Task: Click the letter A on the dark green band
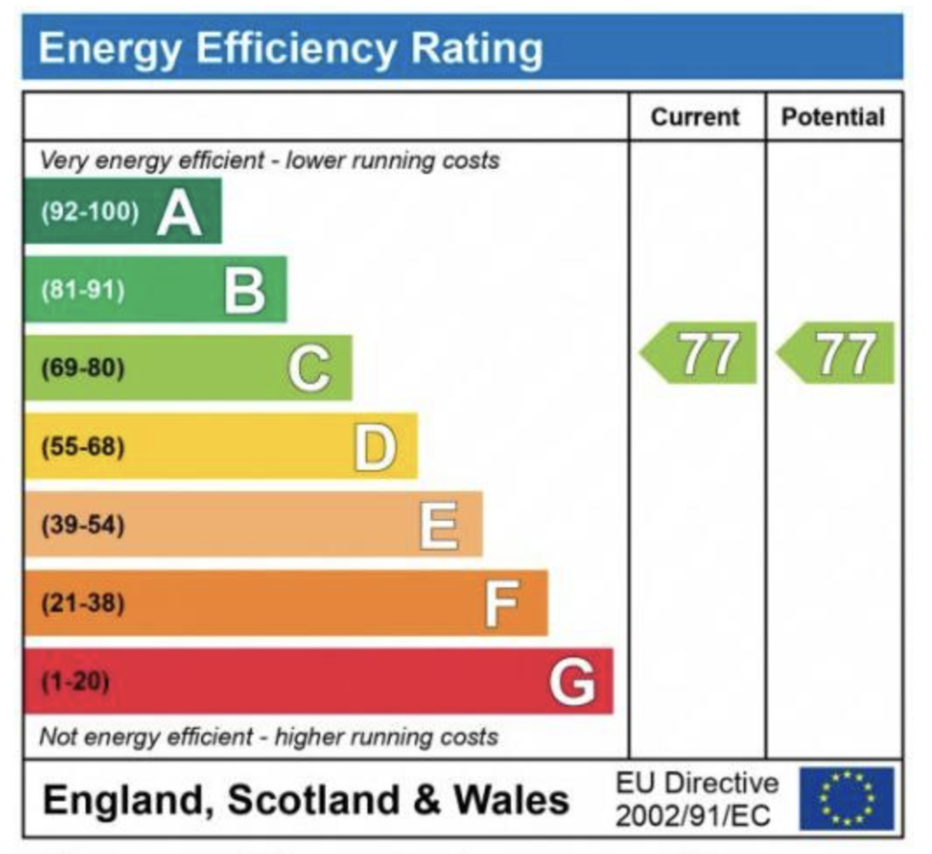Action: click(179, 213)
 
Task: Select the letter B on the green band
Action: click(244, 291)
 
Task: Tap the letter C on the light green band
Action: click(310, 368)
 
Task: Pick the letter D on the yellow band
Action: click(376, 447)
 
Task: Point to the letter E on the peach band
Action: click(440, 525)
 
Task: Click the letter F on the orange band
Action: click(502, 603)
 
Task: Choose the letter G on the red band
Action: click(572, 682)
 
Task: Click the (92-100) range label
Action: click(90, 212)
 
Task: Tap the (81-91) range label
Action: click(83, 290)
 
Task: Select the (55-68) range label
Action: click(83, 447)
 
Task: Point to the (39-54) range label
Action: click(83, 525)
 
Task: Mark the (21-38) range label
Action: click(83, 603)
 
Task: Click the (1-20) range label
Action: click(75, 681)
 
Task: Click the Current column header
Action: click(695, 117)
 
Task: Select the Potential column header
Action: click(833, 117)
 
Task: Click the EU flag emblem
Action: click(846, 798)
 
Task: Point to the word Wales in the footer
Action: click(511, 799)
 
